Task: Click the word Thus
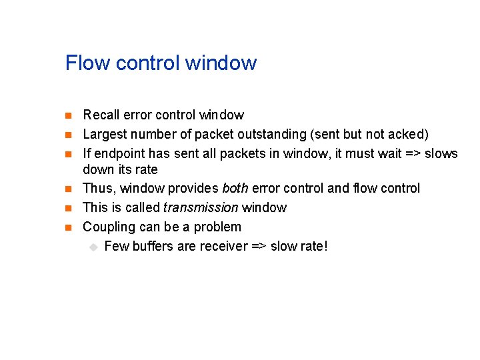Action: coord(97,189)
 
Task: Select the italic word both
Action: coord(235,189)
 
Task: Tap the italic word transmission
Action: coord(201,208)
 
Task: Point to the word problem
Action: coord(217,227)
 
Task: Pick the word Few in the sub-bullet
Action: coord(116,247)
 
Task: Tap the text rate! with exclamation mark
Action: coord(313,247)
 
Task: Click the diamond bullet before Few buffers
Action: coord(93,247)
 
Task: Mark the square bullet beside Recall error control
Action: coord(68,116)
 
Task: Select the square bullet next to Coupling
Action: coord(68,228)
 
